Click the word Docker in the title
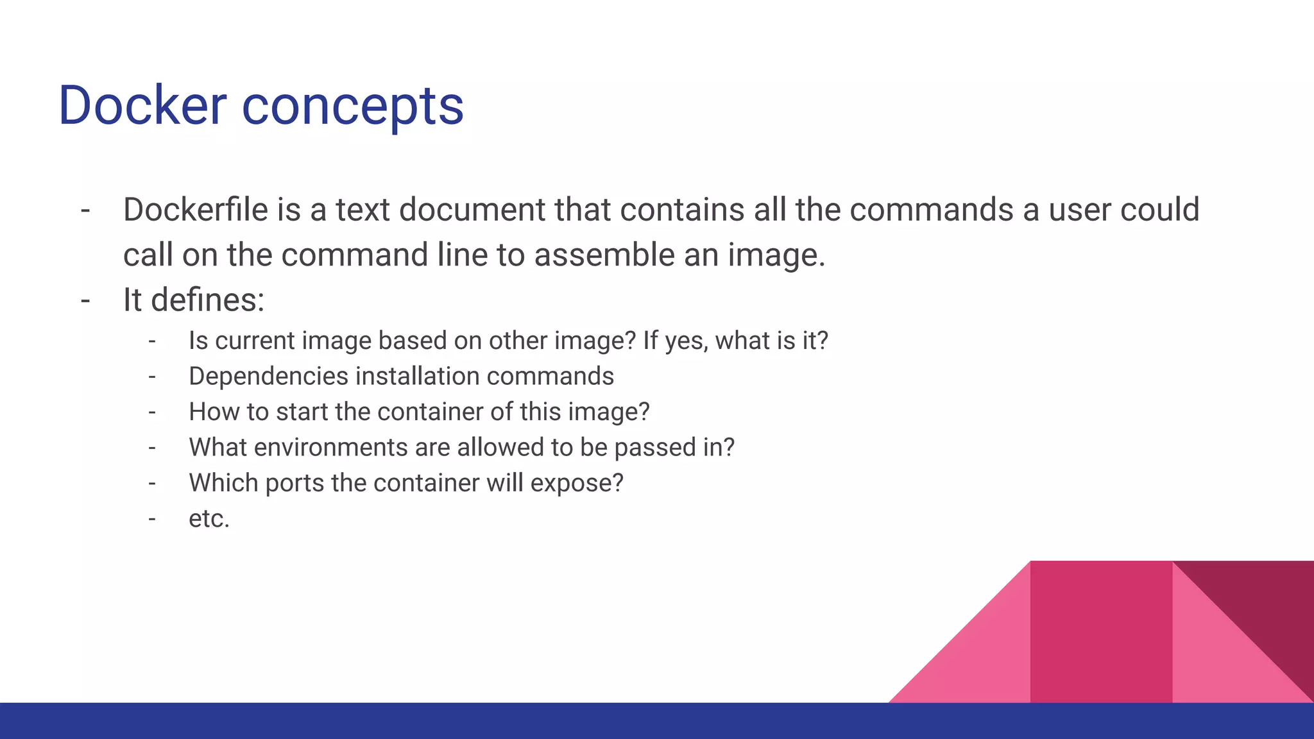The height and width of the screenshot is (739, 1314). pyautogui.click(x=142, y=105)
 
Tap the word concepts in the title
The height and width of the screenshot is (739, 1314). pyautogui.click(x=352, y=106)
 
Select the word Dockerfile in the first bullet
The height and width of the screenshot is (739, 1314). pyautogui.click(x=195, y=210)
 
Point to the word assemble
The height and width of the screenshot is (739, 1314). pyautogui.click(x=604, y=255)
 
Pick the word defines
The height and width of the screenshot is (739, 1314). pyautogui.click(x=207, y=300)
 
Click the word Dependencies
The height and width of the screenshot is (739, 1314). pyautogui.click(x=268, y=376)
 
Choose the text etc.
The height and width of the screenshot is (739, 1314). pyautogui.click(x=209, y=518)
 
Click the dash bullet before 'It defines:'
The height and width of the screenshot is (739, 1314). pyautogui.click(x=85, y=300)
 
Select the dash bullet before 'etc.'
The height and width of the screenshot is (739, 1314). pyautogui.click(x=152, y=518)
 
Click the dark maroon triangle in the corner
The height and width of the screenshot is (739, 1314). pyautogui.click(x=1264, y=603)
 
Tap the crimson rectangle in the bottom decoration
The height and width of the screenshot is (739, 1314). pyautogui.click(x=1101, y=632)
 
